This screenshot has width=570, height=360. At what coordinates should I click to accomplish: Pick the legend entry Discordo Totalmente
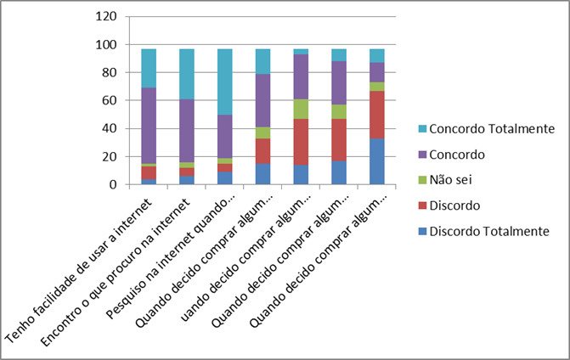point(488,231)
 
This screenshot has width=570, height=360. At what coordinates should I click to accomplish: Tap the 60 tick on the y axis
point(108,100)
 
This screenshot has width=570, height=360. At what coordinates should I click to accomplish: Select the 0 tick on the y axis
point(111,184)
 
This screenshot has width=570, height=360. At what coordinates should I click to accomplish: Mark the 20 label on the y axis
point(108,156)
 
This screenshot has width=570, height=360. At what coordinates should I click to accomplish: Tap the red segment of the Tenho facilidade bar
point(149,172)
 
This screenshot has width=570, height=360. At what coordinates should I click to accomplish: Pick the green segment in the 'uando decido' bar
point(302,109)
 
